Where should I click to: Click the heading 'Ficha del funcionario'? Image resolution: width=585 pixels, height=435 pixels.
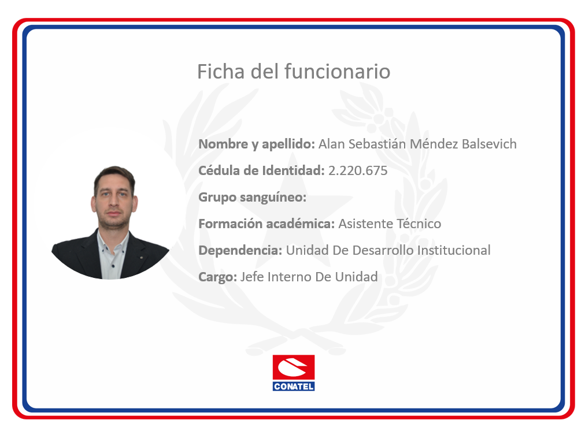tap(294, 71)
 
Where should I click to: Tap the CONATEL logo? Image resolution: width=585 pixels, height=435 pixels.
tap(294, 373)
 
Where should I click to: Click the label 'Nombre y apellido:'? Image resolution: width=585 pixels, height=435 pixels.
tap(257, 144)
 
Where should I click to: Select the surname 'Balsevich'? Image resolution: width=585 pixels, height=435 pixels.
tap(489, 144)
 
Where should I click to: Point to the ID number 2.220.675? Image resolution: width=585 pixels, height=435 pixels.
tap(358, 171)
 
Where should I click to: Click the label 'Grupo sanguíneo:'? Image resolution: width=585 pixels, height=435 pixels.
tap(252, 198)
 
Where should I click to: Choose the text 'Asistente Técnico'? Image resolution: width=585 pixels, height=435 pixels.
tap(390, 224)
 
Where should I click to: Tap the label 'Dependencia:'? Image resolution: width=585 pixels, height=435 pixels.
tap(240, 251)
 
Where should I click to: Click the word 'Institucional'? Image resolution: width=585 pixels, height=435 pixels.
tap(454, 250)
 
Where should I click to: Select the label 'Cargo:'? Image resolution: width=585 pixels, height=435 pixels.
tap(217, 277)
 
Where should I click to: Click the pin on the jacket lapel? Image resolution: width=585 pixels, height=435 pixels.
tap(141, 257)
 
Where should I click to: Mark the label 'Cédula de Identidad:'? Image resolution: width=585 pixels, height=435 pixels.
tap(261, 171)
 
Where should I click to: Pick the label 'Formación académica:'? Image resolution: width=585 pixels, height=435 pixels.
tap(266, 224)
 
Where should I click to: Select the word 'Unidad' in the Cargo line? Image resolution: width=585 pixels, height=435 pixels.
tap(356, 277)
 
